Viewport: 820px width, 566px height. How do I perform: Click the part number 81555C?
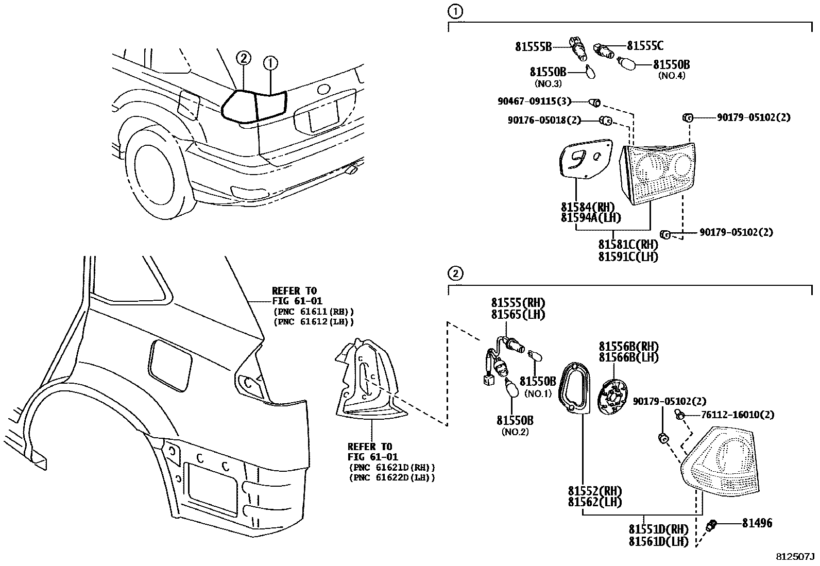[x=645, y=46]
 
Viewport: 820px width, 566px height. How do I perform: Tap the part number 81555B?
[x=533, y=47]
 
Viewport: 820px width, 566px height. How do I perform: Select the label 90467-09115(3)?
[x=534, y=101]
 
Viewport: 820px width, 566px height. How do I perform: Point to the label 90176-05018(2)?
[x=544, y=121]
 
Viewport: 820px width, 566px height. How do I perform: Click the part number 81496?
[x=757, y=523]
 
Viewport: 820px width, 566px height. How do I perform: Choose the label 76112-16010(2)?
[x=737, y=415]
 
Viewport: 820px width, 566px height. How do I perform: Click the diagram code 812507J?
[x=795, y=557]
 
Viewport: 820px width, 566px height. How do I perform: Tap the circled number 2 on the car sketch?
[x=244, y=59]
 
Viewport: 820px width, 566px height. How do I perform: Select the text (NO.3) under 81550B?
[x=548, y=83]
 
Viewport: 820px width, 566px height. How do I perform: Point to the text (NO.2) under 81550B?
[x=515, y=432]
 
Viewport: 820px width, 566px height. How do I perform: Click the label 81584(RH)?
[x=587, y=208]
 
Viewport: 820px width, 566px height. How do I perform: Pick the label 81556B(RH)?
[x=628, y=346]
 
